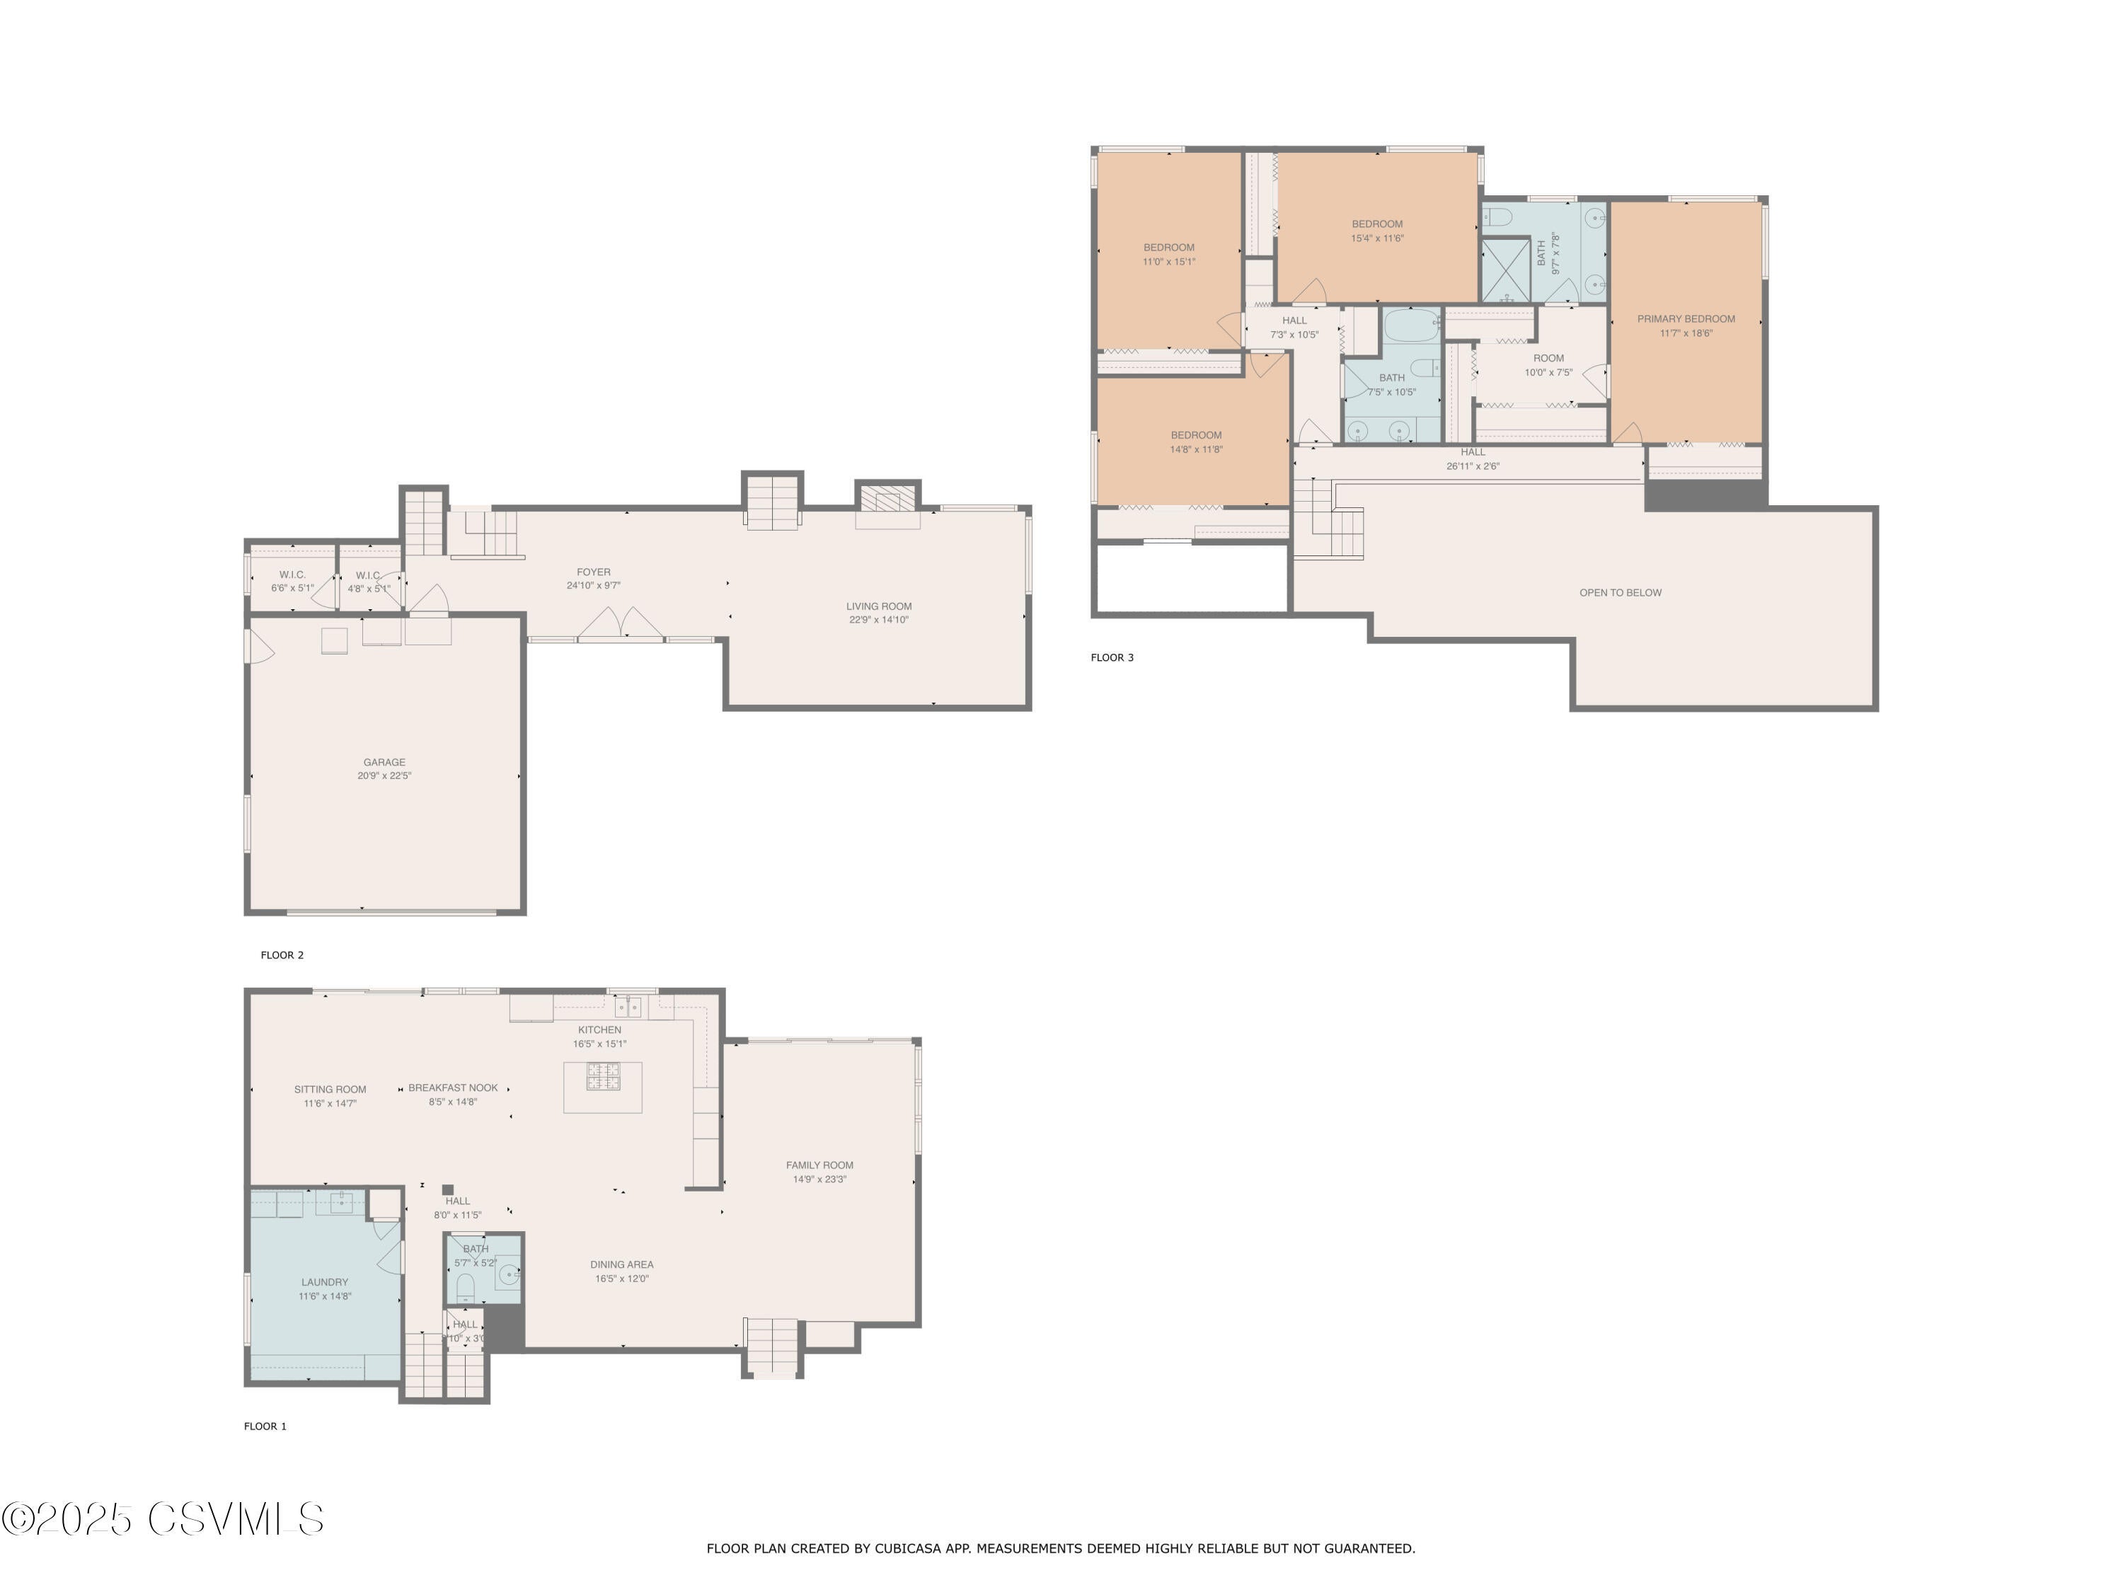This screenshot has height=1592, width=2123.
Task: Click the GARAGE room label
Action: [x=384, y=762]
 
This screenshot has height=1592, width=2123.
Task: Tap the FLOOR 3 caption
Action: [x=1112, y=657]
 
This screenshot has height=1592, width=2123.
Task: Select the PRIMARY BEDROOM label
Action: [x=1686, y=318]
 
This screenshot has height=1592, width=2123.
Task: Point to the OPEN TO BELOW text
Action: [x=1620, y=592]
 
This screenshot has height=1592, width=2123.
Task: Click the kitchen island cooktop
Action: [x=603, y=1075]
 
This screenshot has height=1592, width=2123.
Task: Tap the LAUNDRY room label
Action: [x=324, y=1282]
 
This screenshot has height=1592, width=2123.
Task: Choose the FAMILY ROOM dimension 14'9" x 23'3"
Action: [x=819, y=1179]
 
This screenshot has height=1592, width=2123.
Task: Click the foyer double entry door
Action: [x=621, y=624]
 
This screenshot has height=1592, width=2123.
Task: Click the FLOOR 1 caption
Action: [x=265, y=1426]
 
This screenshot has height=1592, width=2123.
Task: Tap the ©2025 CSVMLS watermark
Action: [x=163, y=1519]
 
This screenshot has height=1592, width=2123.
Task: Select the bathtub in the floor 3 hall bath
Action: [x=1411, y=326]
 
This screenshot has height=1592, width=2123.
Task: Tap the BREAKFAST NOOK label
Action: [x=453, y=1088]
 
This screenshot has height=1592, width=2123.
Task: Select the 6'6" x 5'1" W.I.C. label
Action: [x=292, y=588]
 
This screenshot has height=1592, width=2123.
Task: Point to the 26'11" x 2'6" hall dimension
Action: [x=1472, y=466]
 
